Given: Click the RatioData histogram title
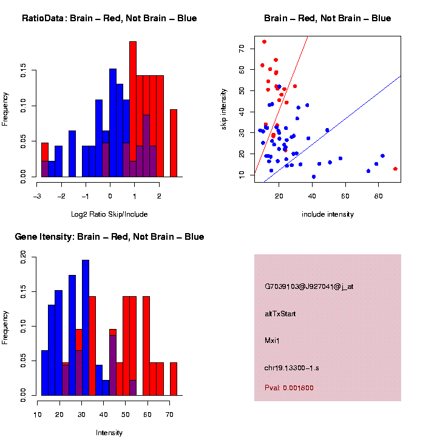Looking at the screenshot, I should [x=109, y=18].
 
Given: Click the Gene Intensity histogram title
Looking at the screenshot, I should [x=109, y=237].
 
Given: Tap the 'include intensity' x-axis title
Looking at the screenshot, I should [x=328, y=214].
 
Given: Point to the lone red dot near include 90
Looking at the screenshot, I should [x=395, y=169].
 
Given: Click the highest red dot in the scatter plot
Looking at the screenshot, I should [x=264, y=42].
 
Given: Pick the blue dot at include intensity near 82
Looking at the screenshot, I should [x=382, y=156].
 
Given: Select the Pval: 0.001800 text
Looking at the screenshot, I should [x=289, y=388].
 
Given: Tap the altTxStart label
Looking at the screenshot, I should [x=280, y=314].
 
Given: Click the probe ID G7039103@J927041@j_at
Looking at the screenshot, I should [x=309, y=286].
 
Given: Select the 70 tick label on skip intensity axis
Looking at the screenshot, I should [x=242, y=48].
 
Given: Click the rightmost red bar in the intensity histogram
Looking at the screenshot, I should [x=174, y=379].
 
